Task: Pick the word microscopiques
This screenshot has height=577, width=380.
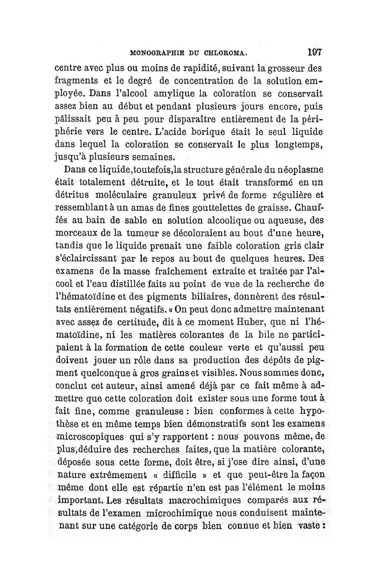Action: [92, 436]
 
